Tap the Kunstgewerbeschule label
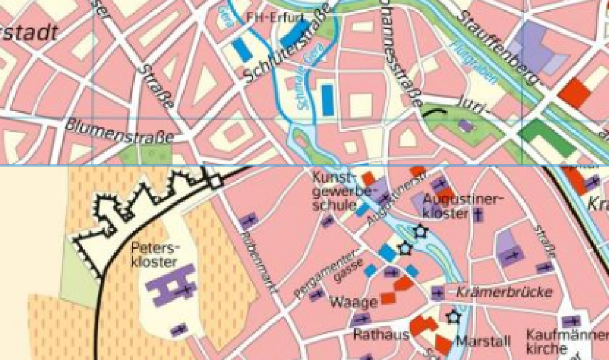[334, 191]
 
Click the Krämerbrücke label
[504, 292]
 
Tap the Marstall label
[482, 341]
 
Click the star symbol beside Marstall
[452, 316]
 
